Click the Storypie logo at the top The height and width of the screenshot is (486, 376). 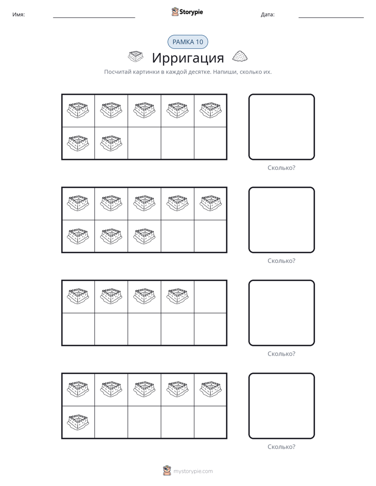point(187,12)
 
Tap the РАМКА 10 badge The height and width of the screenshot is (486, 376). point(187,42)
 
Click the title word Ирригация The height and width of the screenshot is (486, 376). point(187,58)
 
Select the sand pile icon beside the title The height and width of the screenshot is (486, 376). point(240,56)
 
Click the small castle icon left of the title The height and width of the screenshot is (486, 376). point(135,56)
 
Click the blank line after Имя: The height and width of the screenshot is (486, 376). point(94,17)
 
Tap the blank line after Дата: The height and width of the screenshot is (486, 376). point(331,17)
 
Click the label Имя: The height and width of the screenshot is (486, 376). point(18,15)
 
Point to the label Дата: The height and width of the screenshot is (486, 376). point(268,15)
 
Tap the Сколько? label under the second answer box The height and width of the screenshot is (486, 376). point(281,261)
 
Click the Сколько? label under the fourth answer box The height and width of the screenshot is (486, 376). point(281,447)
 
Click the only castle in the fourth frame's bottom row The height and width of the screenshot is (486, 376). point(78,421)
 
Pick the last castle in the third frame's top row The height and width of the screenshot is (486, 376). point(177,296)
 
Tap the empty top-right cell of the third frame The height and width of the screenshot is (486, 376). point(210,297)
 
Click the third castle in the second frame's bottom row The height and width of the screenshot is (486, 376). point(144,236)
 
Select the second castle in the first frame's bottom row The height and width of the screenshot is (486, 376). point(111,143)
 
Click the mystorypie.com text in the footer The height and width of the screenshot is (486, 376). point(193,471)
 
